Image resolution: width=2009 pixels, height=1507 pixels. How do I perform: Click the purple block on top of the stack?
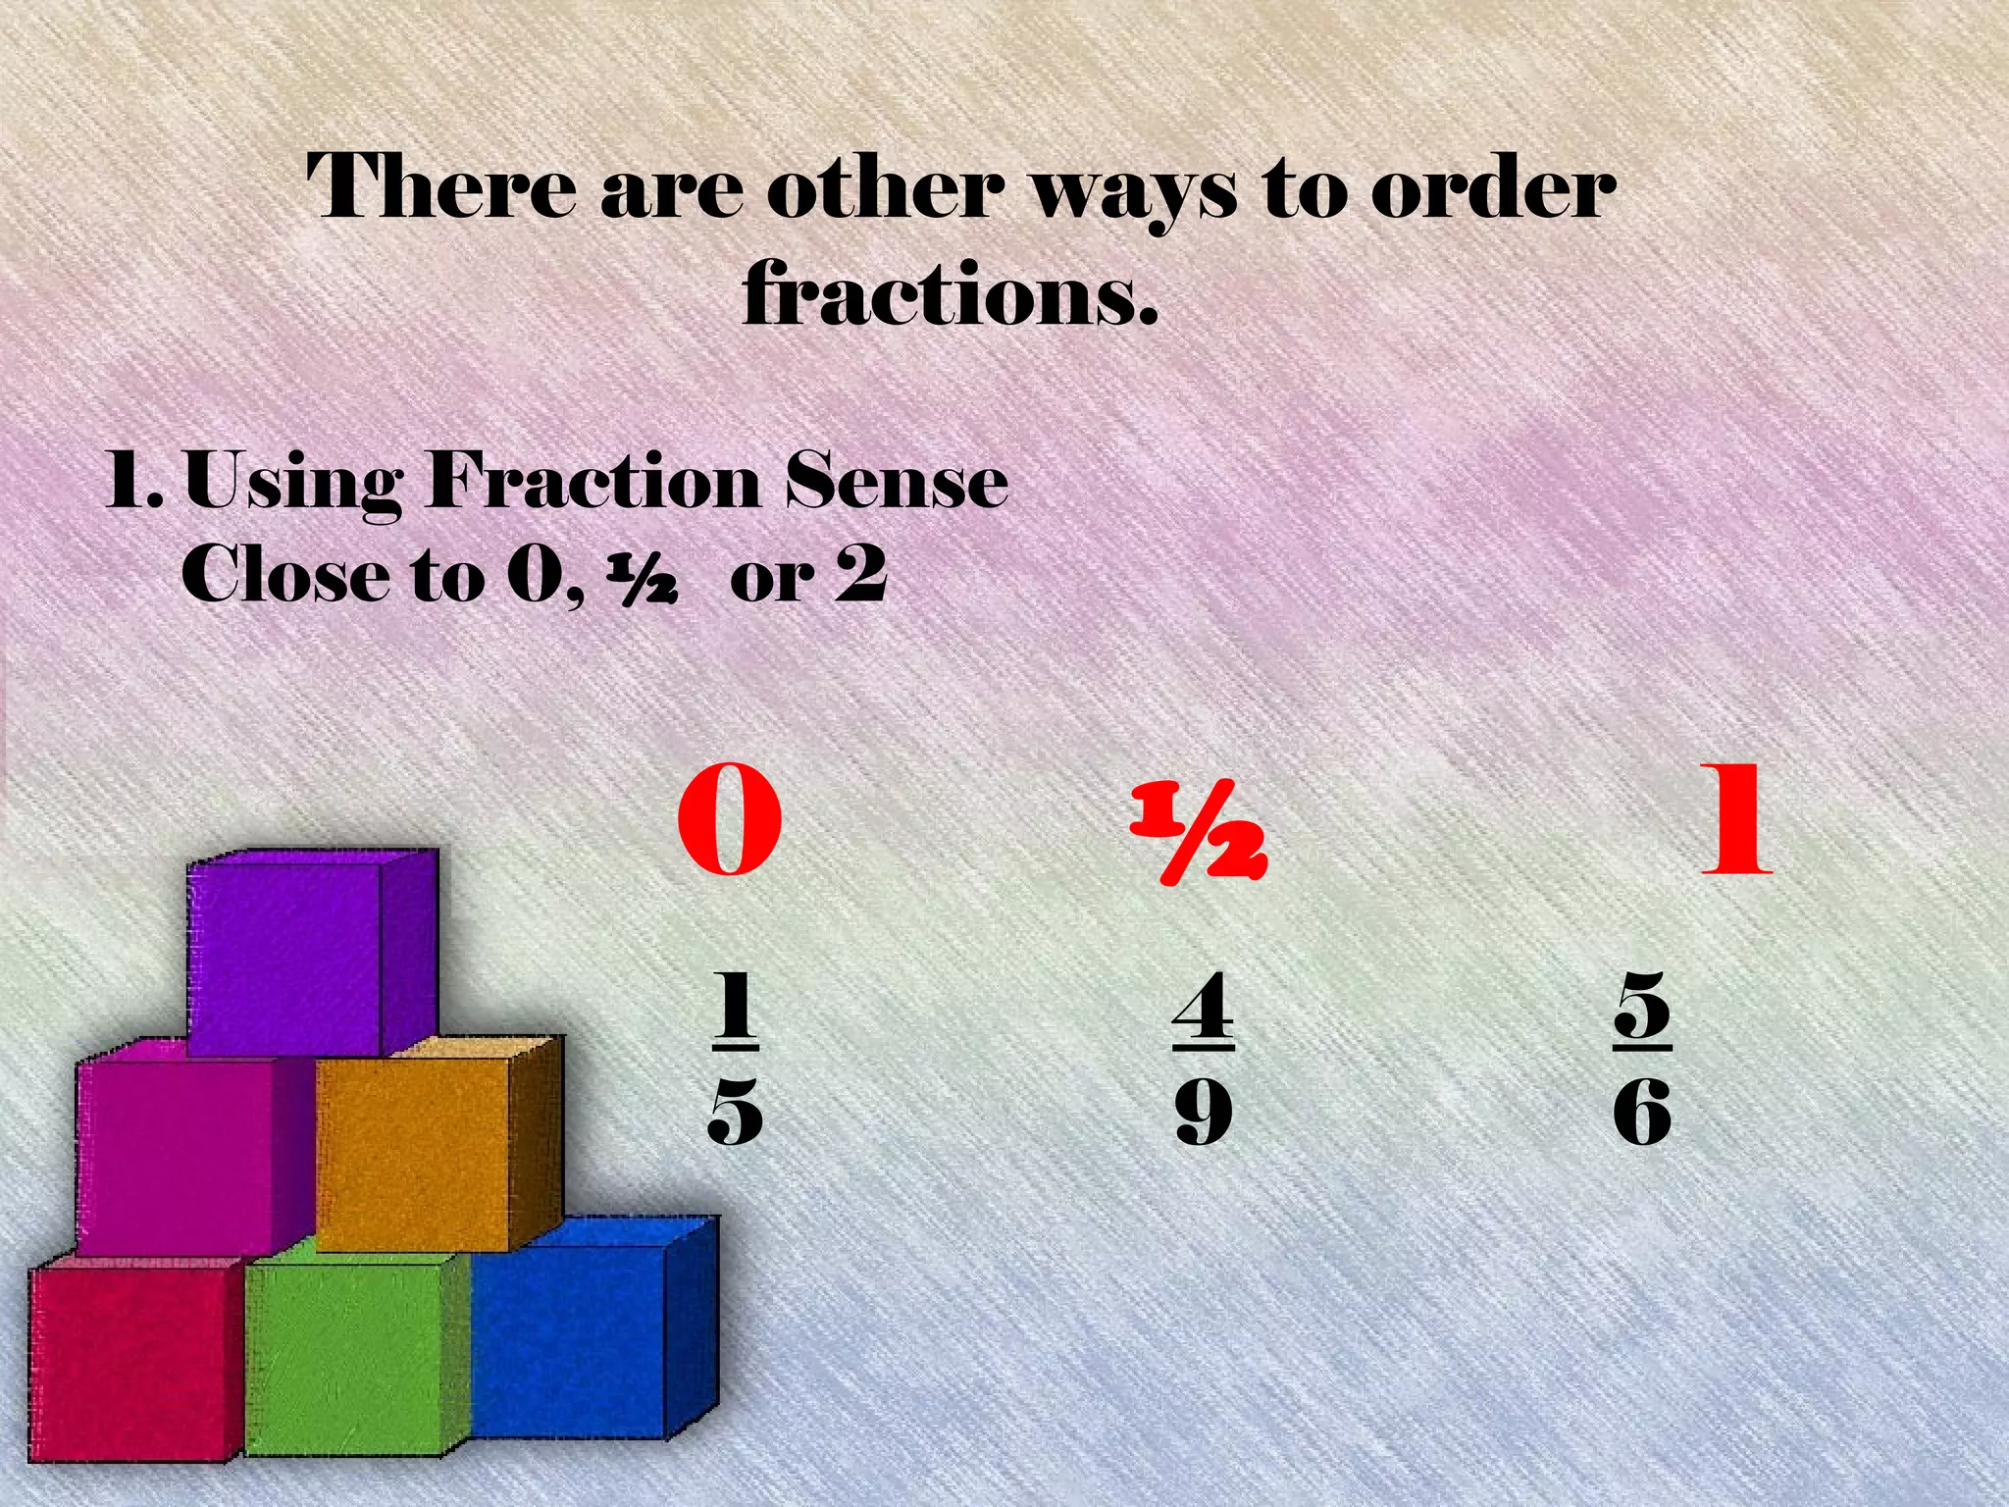294,957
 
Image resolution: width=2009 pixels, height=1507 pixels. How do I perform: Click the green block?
353,1364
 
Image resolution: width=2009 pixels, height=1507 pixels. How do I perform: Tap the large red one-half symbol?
1200,834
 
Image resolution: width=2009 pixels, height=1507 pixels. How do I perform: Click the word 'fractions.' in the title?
950,292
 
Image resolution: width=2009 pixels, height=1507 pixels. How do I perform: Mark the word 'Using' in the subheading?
293,486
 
